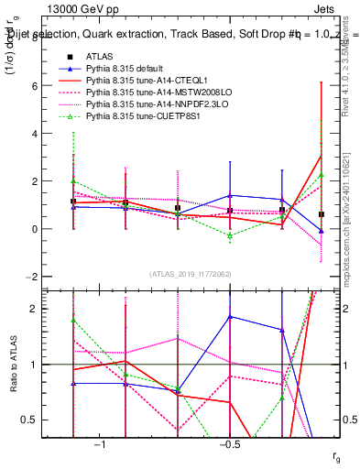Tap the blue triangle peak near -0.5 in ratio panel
tap(230, 317)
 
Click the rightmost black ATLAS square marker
tap(321, 214)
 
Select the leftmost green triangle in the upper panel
tap(73, 181)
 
